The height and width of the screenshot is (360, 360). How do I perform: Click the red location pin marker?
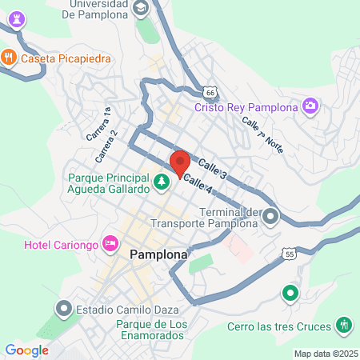coord(179,162)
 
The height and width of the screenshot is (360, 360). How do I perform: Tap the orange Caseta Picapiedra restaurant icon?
coord(10,57)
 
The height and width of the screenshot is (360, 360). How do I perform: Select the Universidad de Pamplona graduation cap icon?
coord(141,9)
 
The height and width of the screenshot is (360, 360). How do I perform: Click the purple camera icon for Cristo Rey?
coord(310,106)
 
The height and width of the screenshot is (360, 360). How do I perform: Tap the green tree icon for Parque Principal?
coord(162,182)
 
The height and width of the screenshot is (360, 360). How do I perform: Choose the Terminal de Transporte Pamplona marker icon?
coord(271,215)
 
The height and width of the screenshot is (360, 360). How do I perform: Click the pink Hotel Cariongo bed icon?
coord(110,242)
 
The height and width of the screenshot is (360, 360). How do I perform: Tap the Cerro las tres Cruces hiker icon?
coord(344,325)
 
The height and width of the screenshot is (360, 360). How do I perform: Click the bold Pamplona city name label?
coord(158,255)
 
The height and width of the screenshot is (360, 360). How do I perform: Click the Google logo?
coord(26,350)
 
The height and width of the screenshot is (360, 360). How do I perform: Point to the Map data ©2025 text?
coord(324,354)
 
